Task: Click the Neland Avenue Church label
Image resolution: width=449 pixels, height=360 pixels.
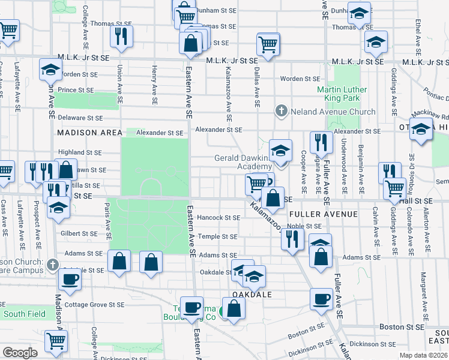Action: click(x=333, y=112)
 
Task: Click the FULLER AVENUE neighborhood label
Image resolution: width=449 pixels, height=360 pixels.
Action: click(x=324, y=214)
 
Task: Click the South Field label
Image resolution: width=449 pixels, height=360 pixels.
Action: click(x=20, y=314)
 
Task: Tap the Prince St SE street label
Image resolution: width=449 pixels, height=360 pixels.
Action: click(x=76, y=90)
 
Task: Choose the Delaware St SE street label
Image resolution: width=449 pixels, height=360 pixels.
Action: click(x=80, y=118)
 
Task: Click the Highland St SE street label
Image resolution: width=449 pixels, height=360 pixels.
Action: click(x=80, y=152)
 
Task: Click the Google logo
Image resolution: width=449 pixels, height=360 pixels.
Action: click(x=20, y=353)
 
